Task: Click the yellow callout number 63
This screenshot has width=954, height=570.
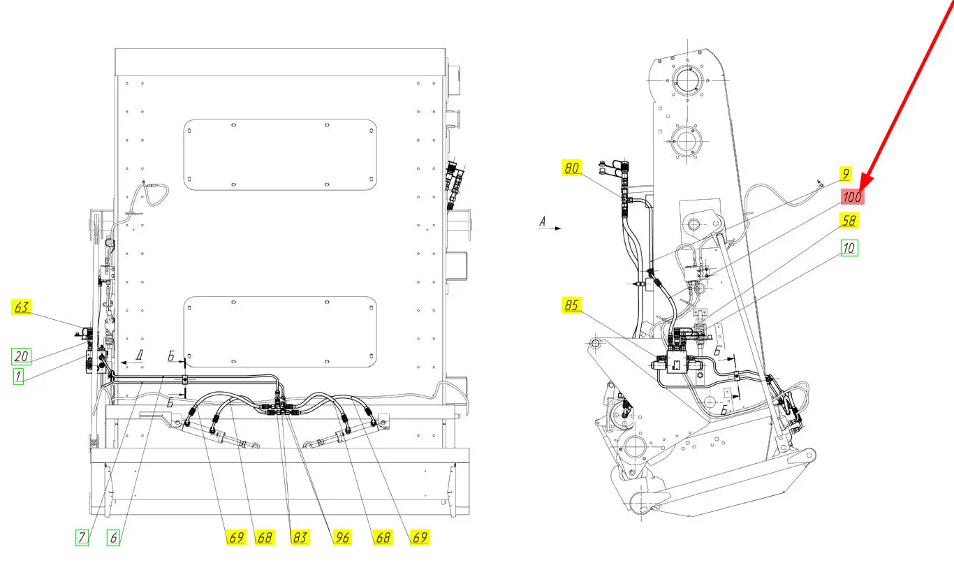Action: [x=21, y=307]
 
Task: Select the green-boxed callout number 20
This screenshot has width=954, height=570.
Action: [x=21, y=356]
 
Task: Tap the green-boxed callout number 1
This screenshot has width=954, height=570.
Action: [x=18, y=377]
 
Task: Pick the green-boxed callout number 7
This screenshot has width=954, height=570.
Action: [x=82, y=538]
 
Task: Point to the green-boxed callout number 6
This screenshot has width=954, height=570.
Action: [x=113, y=538]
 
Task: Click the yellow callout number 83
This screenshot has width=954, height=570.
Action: [x=300, y=538]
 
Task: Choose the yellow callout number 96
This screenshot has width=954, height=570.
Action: [x=342, y=538]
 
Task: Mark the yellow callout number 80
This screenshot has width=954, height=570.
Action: [x=571, y=168]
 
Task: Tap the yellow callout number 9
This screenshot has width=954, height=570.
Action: [x=846, y=174]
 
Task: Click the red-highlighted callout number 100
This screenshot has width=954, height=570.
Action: [x=852, y=197]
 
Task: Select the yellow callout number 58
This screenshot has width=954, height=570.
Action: [x=849, y=221]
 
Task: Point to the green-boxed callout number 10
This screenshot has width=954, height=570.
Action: [x=849, y=248]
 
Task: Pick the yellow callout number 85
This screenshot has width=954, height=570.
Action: [x=571, y=305]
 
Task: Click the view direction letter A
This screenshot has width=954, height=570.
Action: [x=542, y=221]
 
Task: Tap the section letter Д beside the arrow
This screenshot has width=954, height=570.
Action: [x=139, y=355]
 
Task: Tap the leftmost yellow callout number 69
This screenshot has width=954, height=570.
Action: [x=236, y=538]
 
